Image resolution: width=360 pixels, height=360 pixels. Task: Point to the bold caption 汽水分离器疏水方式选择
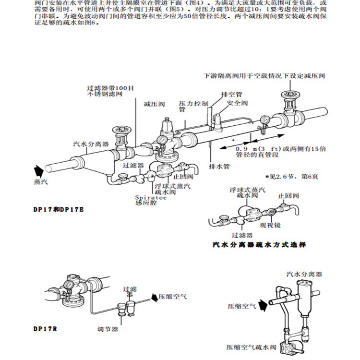point(259,244)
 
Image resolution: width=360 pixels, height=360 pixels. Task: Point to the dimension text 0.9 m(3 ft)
point(253,149)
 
